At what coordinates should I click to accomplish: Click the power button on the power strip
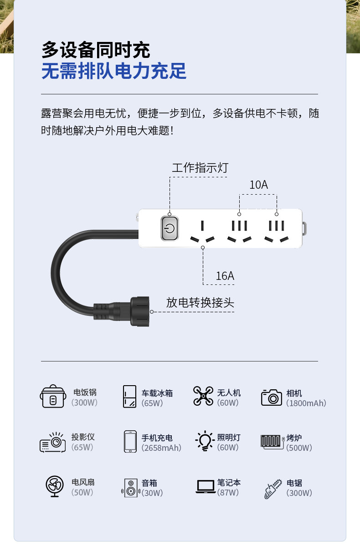click(x=169, y=228)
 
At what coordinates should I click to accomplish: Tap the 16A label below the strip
click(x=225, y=276)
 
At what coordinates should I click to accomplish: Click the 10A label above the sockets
click(x=258, y=185)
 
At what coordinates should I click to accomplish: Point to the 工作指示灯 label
click(x=200, y=168)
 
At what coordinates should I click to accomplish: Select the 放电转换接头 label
click(x=200, y=302)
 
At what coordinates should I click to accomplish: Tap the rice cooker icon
click(x=53, y=397)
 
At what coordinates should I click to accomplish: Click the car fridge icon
click(x=129, y=397)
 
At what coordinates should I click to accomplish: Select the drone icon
click(x=203, y=396)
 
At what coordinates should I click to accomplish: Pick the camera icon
click(x=272, y=397)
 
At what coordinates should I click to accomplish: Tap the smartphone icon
click(x=130, y=442)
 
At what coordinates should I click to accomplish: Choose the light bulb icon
click(x=205, y=441)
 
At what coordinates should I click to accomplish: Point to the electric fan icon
click(x=55, y=486)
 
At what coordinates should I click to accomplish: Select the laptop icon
click(x=205, y=486)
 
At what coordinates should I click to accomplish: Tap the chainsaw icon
click(x=273, y=489)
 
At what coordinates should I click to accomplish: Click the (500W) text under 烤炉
click(x=299, y=448)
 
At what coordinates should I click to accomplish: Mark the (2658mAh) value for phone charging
click(x=161, y=448)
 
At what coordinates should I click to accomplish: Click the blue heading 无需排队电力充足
click(x=114, y=72)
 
